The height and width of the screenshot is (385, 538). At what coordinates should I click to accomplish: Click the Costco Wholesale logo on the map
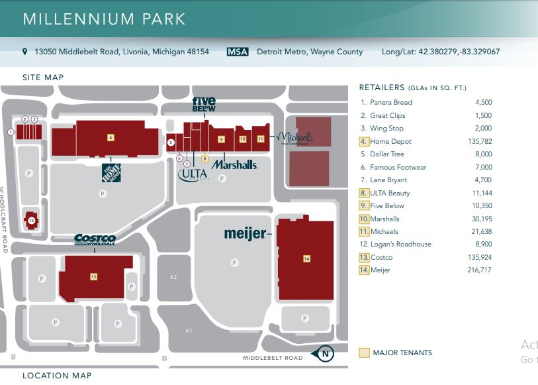(95, 239)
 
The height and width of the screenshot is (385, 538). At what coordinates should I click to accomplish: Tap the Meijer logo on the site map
(244, 233)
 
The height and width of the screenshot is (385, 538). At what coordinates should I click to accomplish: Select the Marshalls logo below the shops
(234, 164)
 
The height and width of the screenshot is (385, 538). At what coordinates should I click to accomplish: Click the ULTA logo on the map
(193, 175)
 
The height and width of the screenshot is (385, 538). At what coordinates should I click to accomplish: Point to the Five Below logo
(204, 104)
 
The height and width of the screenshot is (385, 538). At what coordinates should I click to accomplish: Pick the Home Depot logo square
(111, 172)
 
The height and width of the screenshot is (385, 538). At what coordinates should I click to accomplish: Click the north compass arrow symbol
(325, 354)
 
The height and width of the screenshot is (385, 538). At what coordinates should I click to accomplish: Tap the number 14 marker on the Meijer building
(306, 258)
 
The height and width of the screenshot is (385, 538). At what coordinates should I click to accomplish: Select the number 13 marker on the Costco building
(93, 276)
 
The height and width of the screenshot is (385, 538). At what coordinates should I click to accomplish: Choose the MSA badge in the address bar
(238, 52)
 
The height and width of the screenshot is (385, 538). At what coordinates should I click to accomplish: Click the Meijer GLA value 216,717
(478, 270)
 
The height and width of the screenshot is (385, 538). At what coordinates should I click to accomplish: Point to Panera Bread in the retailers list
(390, 103)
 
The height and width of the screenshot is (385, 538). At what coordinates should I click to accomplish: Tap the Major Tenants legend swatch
(363, 353)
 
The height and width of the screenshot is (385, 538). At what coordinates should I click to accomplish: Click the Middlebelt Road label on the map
(272, 358)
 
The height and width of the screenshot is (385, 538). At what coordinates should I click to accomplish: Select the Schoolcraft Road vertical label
(4, 219)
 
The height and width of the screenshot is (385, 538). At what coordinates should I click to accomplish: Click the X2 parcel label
(173, 277)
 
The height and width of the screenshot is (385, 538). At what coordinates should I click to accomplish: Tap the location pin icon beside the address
(25, 52)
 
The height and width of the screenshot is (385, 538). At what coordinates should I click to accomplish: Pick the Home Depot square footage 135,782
(478, 142)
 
